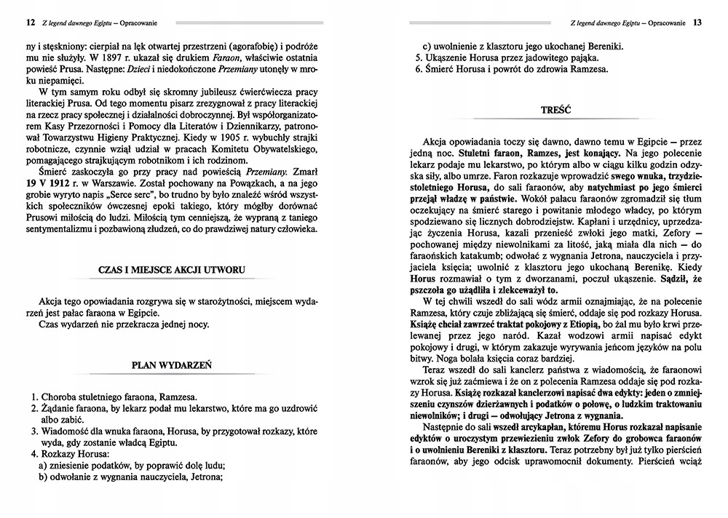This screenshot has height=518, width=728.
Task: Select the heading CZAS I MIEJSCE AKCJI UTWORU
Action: (171, 271)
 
